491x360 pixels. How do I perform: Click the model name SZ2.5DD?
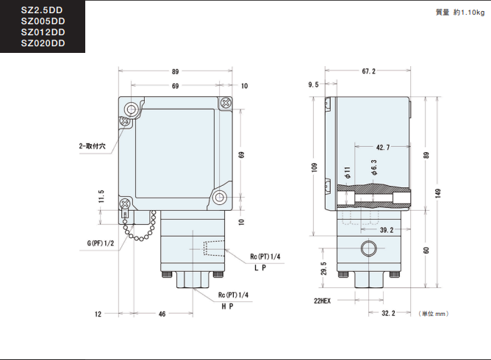pyautogui.click(x=42, y=10)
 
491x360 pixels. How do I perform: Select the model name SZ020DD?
pyautogui.click(x=43, y=43)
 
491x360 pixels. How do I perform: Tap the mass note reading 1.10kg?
pyautogui.click(x=460, y=12)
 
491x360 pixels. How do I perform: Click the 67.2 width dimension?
pyautogui.click(x=368, y=71)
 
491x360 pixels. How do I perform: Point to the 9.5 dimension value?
pyautogui.click(x=313, y=84)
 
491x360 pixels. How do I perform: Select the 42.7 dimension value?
pyautogui.click(x=383, y=147)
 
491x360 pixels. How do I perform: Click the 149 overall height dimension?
pyautogui.click(x=438, y=193)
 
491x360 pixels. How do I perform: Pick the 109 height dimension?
pyautogui.click(x=315, y=168)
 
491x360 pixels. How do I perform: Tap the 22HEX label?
pyautogui.click(x=322, y=300)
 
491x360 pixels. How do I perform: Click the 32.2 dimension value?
pyautogui.click(x=388, y=314)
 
